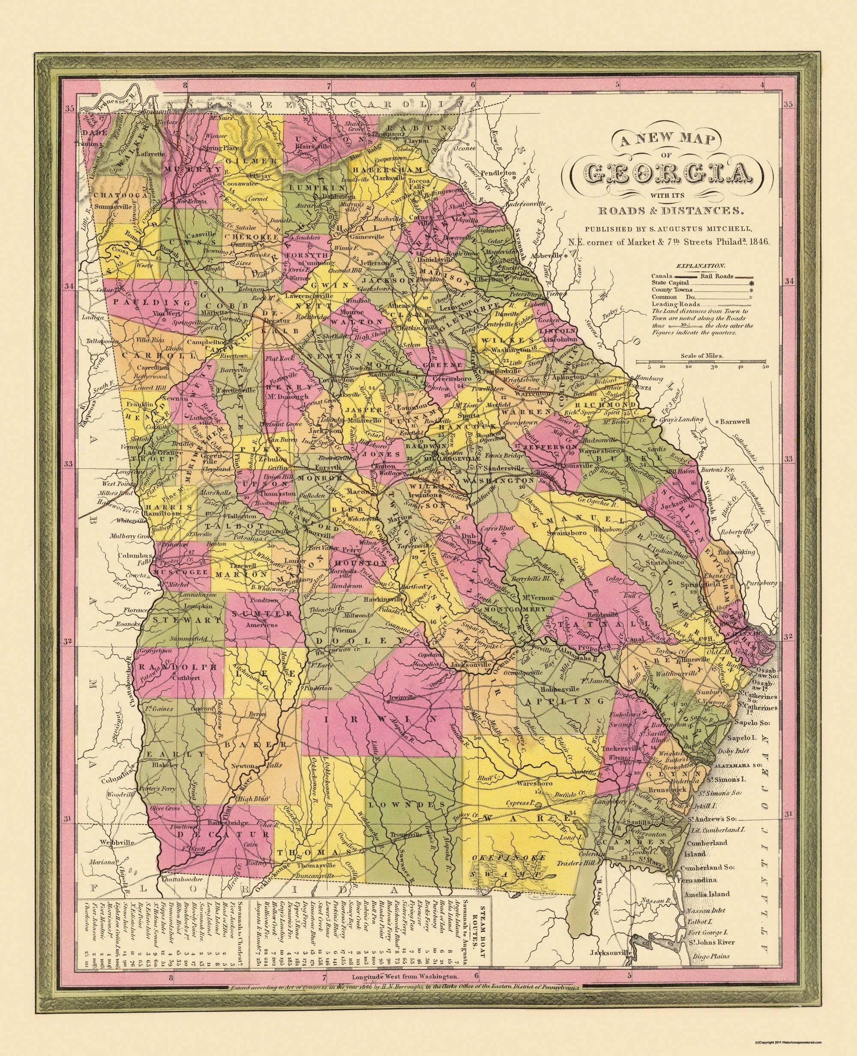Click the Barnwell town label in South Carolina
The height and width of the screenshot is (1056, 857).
click(x=734, y=421)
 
